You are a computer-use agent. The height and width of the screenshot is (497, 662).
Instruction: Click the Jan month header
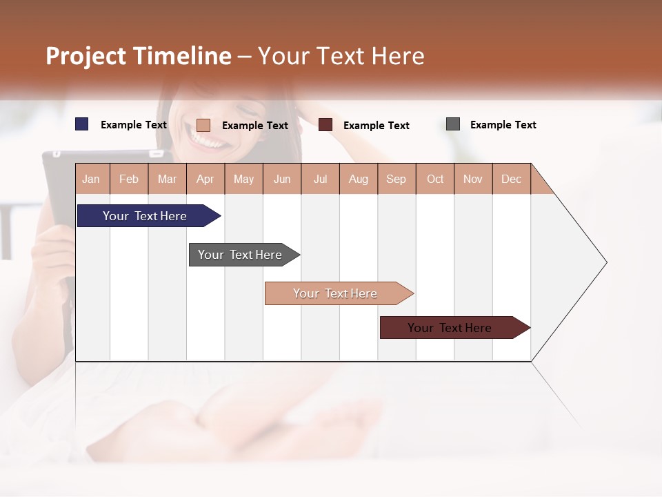pyautogui.click(x=92, y=179)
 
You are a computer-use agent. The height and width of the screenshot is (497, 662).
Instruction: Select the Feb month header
pyautogui.click(x=129, y=179)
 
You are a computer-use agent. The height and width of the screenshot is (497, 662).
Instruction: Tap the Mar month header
pyautogui.click(x=167, y=179)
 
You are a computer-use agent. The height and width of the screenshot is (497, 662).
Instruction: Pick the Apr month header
pyautogui.click(x=205, y=179)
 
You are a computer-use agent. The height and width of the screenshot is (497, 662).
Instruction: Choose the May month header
pyautogui.click(x=243, y=179)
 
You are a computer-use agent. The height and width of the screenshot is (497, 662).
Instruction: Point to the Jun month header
pyautogui.click(x=282, y=179)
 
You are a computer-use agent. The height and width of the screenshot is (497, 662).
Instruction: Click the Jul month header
pyautogui.click(x=320, y=179)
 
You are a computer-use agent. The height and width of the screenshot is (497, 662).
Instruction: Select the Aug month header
pyautogui.click(x=359, y=179)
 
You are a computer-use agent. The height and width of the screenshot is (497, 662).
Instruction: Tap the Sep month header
pyautogui.click(x=397, y=179)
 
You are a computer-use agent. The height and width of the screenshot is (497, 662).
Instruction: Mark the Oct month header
pyautogui.click(x=435, y=179)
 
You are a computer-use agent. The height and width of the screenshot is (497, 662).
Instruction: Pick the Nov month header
pyautogui.click(x=473, y=179)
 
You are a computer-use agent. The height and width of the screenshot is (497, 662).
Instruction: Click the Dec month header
pyautogui.click(x=512, y=179)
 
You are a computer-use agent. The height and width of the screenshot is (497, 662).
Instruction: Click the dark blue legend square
pyautogui.click(x=82, y=124)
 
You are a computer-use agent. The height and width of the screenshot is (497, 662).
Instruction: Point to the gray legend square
pyautogui.click(x=453, y=124)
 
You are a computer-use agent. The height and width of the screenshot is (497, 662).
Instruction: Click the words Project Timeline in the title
pyautogui.click(x=139, y=56)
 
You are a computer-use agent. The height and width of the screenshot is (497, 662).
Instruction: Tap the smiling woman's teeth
pyautogui.click(x=209, y=141)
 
